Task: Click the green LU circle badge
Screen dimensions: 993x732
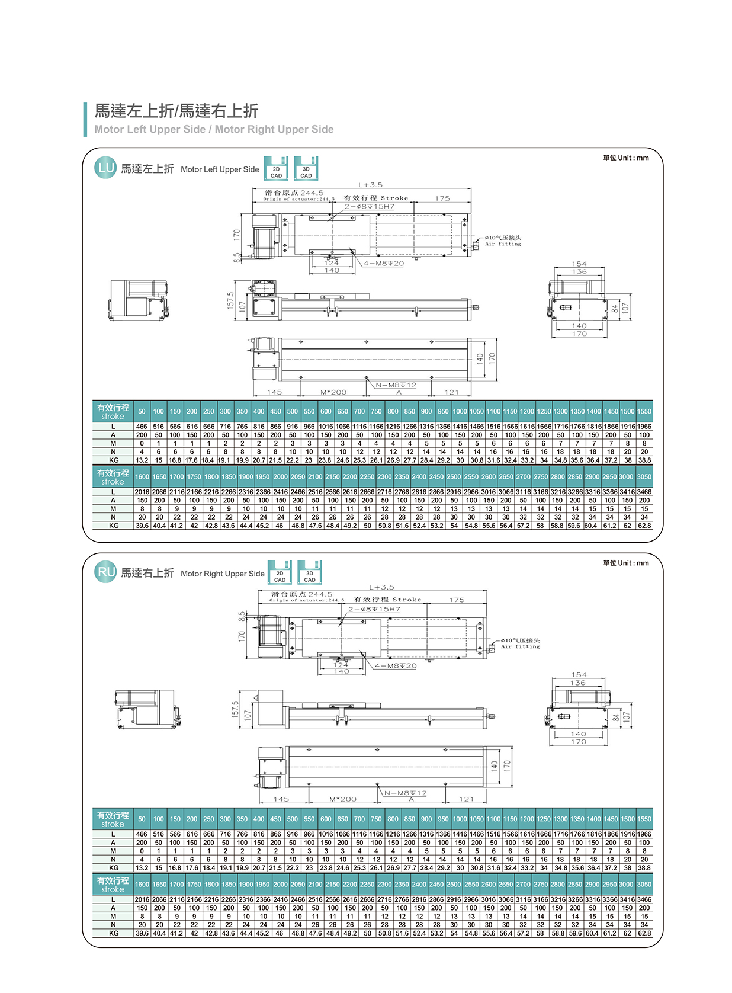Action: click(x=105, y=168)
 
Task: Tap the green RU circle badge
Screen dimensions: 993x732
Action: click(x=105, y=572)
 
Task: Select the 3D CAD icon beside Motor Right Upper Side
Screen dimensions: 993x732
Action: click(x=309, y=572)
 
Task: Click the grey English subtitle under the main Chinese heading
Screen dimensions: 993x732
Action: click(x=214, y=129)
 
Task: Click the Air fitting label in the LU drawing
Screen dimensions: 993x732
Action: click(x=503, y=241)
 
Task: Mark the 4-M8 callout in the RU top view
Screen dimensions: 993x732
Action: click(x=395, y=666)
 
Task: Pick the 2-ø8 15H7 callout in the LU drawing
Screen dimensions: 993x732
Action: click(x=370, y=206)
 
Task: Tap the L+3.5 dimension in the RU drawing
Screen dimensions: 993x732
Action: click(x=381, y=587)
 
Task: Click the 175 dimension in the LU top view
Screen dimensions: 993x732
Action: click(x=442, y=198)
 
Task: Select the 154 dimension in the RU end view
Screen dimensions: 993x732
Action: click(x=579, y=675)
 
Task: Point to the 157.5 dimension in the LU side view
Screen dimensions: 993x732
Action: click(x=231, y=300)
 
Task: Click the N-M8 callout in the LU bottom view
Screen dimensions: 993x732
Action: click(x=396, y=385)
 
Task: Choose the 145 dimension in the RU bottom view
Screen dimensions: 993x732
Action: click(x=281, y=799)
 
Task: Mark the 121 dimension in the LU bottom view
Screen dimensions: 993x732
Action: click(x=451, y=392)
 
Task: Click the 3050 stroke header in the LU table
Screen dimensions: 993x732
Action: click(x=644, y=476)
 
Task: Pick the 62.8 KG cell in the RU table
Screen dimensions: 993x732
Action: click(x=644, y=933)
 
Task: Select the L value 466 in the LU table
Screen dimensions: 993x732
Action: click(x=142, y=427)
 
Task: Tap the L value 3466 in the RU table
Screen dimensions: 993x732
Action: click(x=644, y=899)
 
